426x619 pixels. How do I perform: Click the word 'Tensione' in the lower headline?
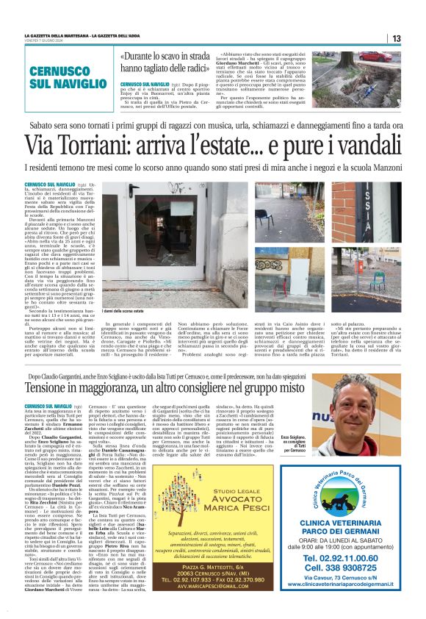pyautogui.click(x=58, y=387)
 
